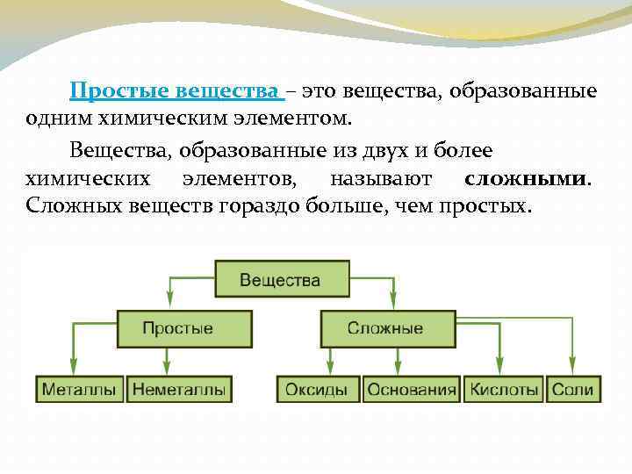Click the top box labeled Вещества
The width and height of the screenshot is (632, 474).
point(280,281)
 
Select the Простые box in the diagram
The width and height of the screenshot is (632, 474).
point(177,328)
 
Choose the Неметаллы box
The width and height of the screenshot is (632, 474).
point(179,390)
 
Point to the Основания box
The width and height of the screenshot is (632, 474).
point(412,390)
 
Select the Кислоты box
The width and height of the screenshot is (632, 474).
point(504,390)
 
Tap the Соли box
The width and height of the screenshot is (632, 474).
point(572,390)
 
